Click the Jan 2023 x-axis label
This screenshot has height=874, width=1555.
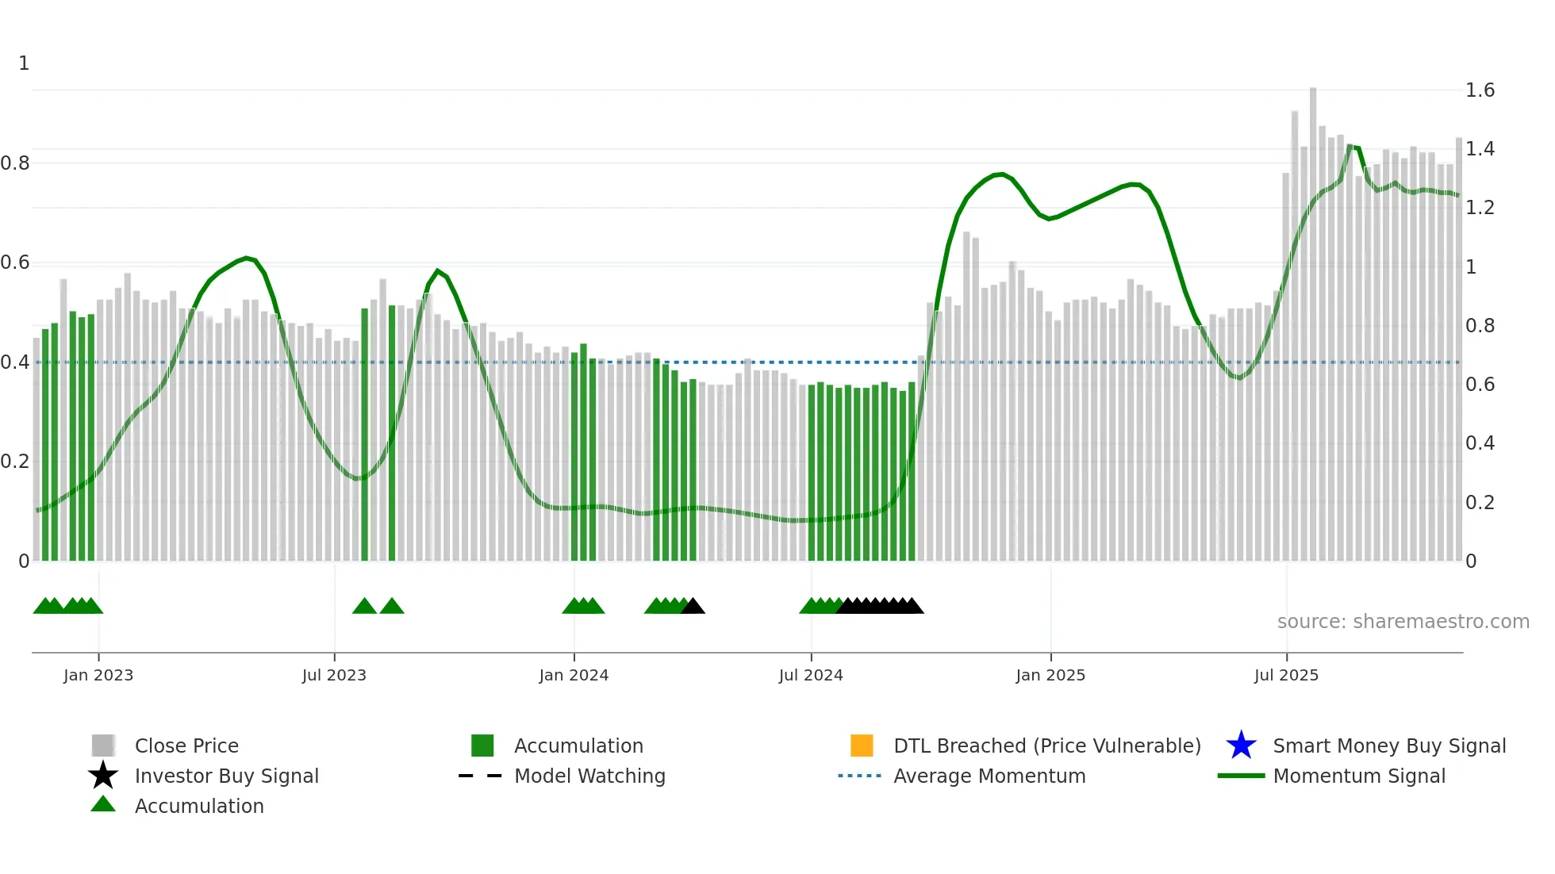click(x=98, y=676)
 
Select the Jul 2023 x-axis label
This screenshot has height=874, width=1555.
click(x=334, y=676)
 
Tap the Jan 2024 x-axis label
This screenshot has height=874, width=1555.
click(x=574, y=676)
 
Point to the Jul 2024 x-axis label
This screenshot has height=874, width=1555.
click(x=811, y=676)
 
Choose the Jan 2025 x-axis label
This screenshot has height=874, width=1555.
click(x=1050, y=676)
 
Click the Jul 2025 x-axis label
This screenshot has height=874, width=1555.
click(x=1286, y=676)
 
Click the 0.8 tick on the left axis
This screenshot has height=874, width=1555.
click(x=16, y=163)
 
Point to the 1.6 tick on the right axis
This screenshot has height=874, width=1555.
click(x=1480, y=90)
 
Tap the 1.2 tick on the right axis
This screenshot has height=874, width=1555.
click(x=1480, y=208)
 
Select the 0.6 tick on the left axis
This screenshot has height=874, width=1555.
click(x=16, y=263)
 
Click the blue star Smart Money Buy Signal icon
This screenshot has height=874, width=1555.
click(x=1241, y=746)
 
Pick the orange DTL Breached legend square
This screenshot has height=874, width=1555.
click(x=862, y=746)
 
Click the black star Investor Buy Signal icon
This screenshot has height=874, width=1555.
click(x=103, y=776)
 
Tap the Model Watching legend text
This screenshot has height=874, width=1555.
click(x=589, y=776)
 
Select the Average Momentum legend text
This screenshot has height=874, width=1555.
click(x=989, y=776)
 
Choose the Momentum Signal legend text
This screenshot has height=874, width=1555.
click(x=1359, y=776)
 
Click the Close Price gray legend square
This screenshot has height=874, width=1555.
click(x=103, y=746)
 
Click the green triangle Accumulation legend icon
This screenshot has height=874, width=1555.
click(x=103, y=804)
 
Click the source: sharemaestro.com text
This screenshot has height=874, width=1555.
click(x=1403, y=622)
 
